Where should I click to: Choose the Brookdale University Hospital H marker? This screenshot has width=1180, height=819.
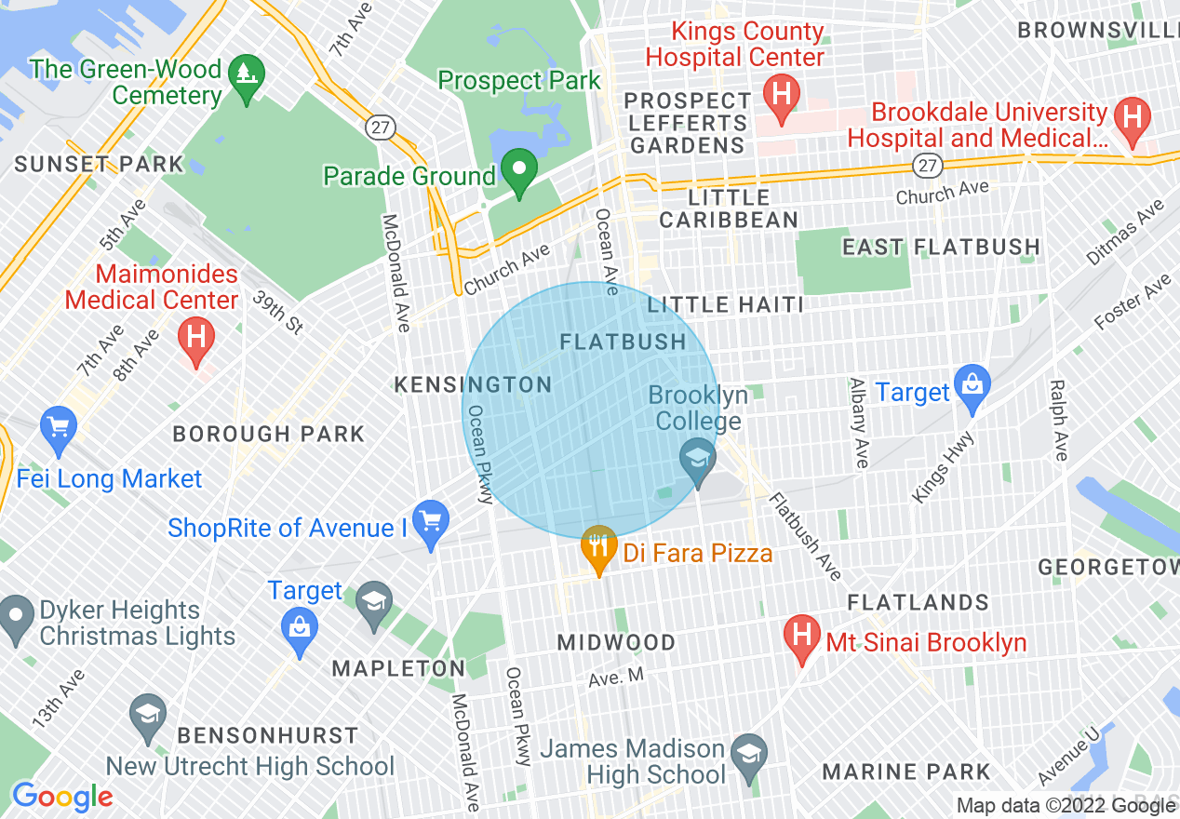[x=1133, y=118]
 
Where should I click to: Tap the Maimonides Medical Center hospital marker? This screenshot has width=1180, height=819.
[x=195, y=336]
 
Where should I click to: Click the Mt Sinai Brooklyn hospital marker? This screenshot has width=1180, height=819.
[x=801, y=638]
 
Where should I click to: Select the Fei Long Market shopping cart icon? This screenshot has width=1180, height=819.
[x=59, y=429]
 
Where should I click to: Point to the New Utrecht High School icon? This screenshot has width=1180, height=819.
[x=147, y=717]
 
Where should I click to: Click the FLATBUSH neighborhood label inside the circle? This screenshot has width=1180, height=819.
[x=623, y=342]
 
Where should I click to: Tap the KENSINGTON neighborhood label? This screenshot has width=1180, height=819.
[x=473, y=384]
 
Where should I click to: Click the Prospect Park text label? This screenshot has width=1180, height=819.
[x=519, y=81]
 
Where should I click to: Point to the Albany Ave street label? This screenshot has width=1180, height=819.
[x=860, y=423]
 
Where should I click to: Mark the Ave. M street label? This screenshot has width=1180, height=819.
[x=616, y=678]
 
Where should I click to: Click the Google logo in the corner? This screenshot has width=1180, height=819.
[x=61, y=797]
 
